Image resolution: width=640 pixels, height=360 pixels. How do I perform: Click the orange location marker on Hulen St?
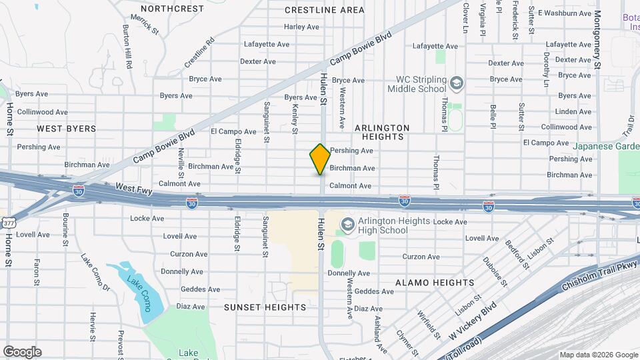pos(320,159)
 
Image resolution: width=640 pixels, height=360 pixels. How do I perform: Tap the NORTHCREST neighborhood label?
pos(172,9)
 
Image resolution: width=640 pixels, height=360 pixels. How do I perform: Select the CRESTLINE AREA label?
pos(325,10)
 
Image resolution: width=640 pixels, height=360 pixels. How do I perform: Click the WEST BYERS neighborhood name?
pos(66,129)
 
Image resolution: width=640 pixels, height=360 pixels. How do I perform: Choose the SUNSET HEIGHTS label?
pos(265,307)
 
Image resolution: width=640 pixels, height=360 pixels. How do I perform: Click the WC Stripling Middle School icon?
pos(457,83)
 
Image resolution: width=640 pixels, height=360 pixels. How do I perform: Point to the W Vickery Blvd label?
pos(473,320)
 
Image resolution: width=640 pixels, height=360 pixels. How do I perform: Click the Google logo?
pos(22,352)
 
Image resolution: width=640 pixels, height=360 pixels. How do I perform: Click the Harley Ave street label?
pos(301,27)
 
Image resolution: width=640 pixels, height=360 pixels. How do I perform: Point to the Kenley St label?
pos(295,120)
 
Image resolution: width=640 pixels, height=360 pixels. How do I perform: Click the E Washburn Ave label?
pos(565,13)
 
